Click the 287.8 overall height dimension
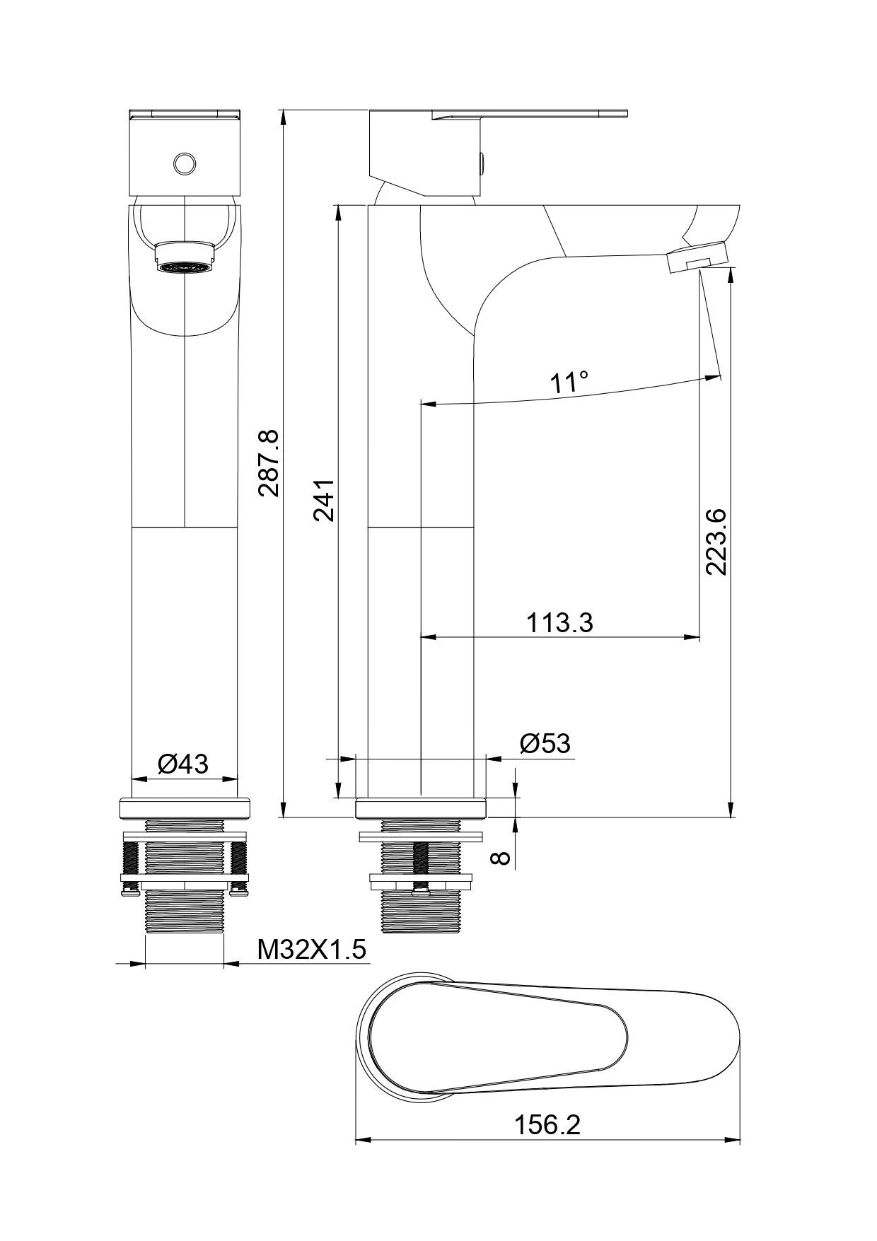click(269, 463)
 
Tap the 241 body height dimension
click(324, 500)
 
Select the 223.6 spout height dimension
click(716, 541)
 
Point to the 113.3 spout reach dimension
click(559, 623)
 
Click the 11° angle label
click(569, 383)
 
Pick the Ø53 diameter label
click(545, 743)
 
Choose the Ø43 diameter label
click(183, 764)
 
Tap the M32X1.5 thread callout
click(312, 949)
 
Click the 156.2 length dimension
click(547, 1125)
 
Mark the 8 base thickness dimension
click(501, 857)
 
